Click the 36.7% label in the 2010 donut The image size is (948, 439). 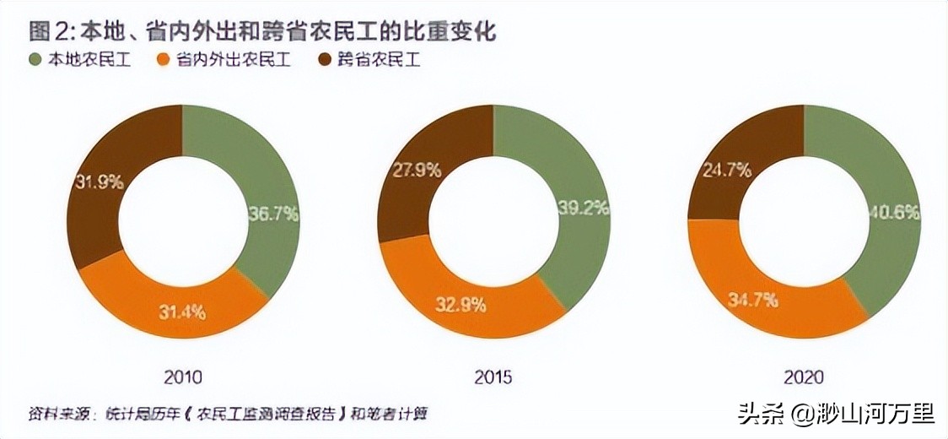click(273, 214)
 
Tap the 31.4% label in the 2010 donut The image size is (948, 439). click(181, 310)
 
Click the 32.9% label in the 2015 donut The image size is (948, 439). click(461, 305)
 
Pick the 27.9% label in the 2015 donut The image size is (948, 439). click(417, 170)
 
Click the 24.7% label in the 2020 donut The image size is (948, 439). click(726, 170)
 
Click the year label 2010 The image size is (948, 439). click(183, 377)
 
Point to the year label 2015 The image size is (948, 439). click(493, 377)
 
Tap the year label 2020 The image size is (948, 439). click(804, 377)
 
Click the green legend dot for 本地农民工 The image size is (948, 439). click(35, 60)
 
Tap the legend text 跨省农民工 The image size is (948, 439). click(379, 60)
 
